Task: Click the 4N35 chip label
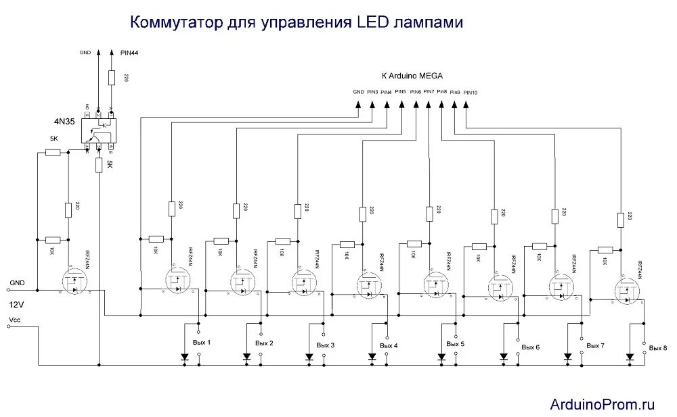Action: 66,122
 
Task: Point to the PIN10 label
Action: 471,93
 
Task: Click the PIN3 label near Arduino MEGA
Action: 372,92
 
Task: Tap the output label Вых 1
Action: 202,342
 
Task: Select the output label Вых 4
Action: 389,345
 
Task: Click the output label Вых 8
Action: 657,347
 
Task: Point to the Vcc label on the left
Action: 16,319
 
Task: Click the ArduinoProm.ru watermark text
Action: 602,404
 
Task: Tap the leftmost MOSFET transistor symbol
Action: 75,284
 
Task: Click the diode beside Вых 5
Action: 441,357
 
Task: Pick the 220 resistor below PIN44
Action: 112,78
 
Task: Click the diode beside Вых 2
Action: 246,357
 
